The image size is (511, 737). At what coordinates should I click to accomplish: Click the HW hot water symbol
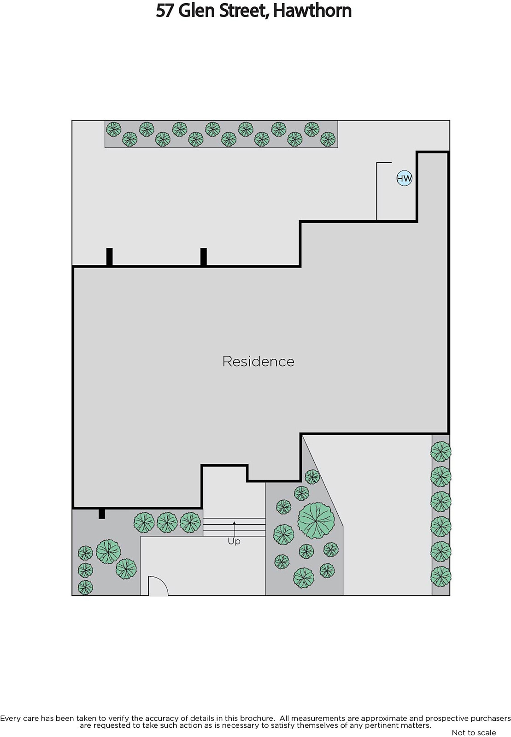pos(404,178)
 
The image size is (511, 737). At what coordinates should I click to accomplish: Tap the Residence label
pos(258,361)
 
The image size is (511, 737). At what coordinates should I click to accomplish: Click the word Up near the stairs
pos(234,541)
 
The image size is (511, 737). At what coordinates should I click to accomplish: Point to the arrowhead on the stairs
pos(234,522)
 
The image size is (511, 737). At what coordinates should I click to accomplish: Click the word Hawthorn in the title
pos(312,11)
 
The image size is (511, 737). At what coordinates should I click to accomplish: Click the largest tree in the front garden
pos(316,521)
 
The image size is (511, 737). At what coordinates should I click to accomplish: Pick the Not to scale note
pos(474,732)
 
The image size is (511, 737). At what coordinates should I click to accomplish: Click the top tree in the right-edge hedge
pos(441,451)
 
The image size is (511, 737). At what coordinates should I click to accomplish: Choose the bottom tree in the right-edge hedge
pos(441,576)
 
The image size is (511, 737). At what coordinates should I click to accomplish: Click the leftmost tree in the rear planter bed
pos(113,129)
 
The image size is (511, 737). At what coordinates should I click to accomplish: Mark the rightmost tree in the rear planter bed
pos(328,139)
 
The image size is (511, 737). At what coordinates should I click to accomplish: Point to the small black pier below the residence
pos(102,514)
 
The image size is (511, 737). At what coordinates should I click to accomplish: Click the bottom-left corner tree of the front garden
pos(85,587)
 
